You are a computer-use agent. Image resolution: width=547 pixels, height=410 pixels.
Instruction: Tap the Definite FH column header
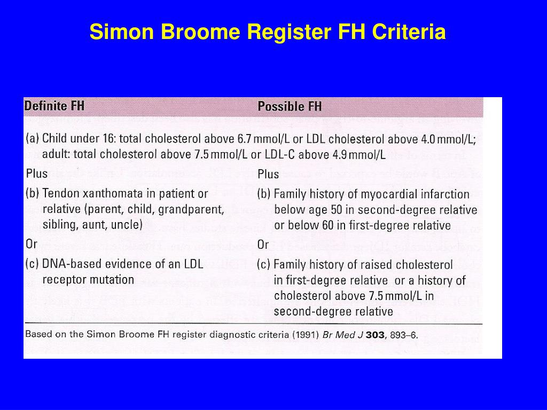[x=54, y=106]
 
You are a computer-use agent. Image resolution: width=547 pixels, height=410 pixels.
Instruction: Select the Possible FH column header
[x=290, y=106]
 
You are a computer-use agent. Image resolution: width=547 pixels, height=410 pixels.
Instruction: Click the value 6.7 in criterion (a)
[x=244, y=139]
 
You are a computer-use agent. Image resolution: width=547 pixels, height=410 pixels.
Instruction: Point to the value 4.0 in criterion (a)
[x=428, y=139]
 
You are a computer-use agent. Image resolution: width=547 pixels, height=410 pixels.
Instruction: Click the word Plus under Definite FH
[x=37, y=174]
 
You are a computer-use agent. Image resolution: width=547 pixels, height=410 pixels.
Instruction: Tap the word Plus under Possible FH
[x=268, y=175]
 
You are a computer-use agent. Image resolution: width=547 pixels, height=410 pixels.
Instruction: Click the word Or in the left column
[x=32, y=244]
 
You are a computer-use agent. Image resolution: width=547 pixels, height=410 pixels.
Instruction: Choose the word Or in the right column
[x=263, y=245]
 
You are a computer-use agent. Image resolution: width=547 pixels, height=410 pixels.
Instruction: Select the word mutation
[x=112, y=279]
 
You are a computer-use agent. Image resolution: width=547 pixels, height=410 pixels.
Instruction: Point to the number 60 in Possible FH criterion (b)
[x=328, y=225]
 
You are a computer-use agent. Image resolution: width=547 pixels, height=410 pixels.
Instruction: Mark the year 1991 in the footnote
[x=308, y=335]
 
